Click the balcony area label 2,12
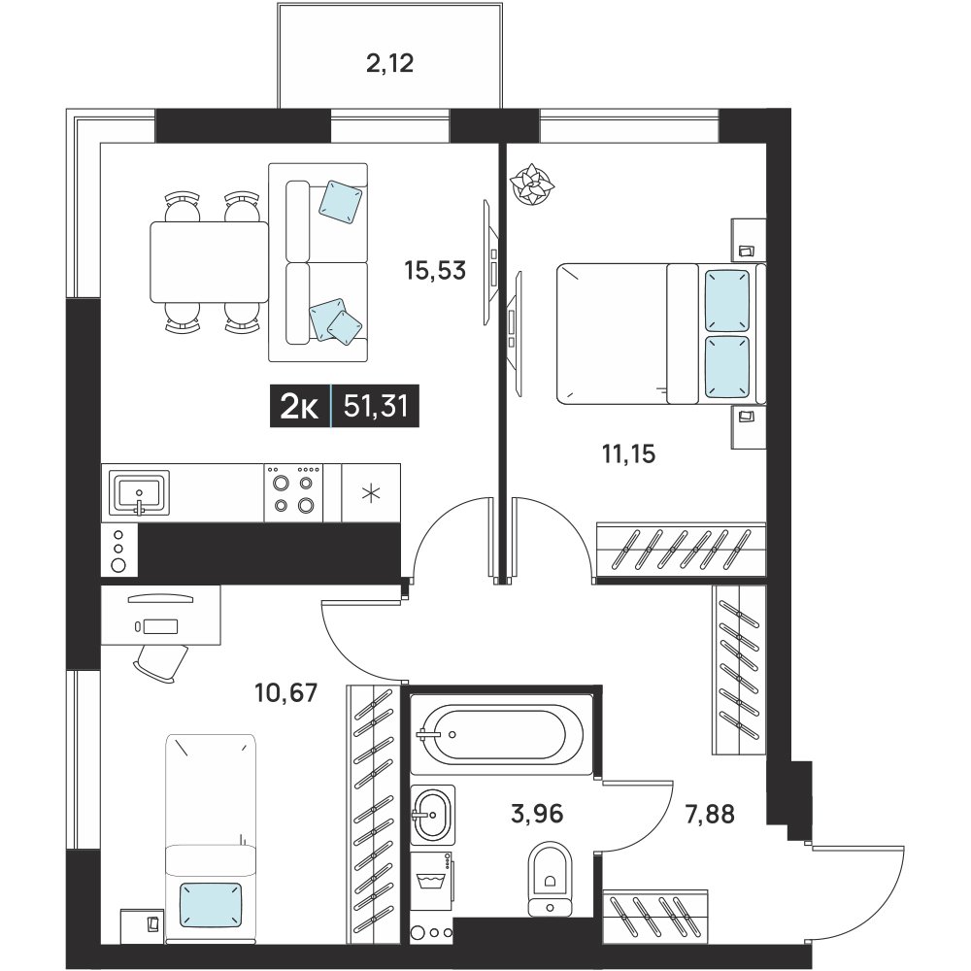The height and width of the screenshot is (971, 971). tap(389, 63)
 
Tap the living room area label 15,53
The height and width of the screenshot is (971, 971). tap(435, 271)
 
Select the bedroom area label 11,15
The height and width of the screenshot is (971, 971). tap(628, 453)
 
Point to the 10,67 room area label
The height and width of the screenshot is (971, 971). tap(286, 691)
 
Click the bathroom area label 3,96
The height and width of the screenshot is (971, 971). tap(537, 813)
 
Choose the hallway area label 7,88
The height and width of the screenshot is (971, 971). tap(710, 814)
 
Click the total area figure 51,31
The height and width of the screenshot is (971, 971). tap(375, 407)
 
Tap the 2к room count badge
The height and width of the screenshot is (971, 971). tap(300, 407)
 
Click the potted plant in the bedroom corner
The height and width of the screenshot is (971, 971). tap(532, 184)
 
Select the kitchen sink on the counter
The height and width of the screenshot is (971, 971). tap(139, 493)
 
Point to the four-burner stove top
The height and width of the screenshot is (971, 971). tap(293, 493)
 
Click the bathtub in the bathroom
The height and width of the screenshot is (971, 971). tap(502, 734)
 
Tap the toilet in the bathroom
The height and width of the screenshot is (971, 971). tap(550, 878)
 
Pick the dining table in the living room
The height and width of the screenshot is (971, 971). tap(210, 262)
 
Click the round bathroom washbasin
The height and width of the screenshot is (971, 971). tap(432, 815)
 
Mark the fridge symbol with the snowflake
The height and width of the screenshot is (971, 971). tap(371, 493)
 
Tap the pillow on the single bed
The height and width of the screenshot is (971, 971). tap(211, 905)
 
